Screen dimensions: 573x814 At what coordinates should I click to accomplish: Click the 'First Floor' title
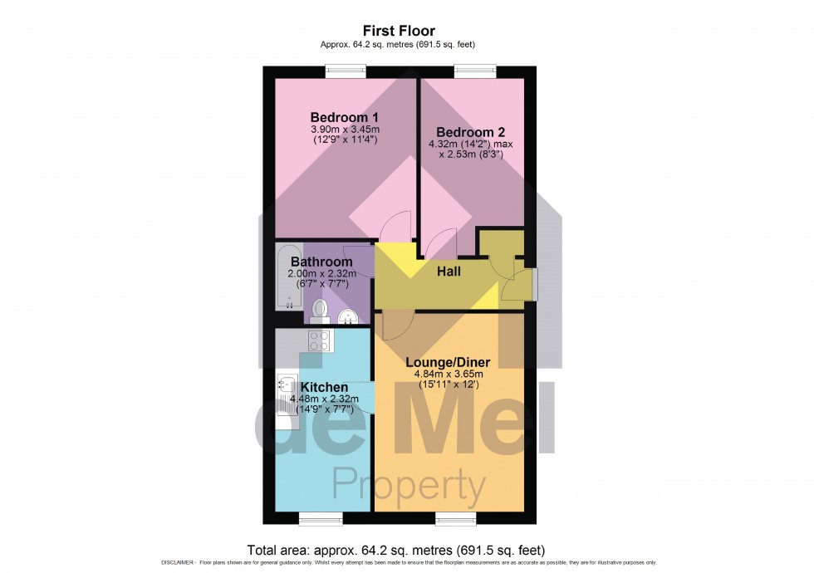click(399, 32)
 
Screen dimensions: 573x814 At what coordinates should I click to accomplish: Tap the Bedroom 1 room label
click(345, 116)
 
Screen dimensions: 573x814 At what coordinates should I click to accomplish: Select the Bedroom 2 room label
click(471, 132)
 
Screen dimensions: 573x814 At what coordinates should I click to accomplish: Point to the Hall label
click(449, 271)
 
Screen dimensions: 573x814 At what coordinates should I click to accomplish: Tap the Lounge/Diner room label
click(448, 362)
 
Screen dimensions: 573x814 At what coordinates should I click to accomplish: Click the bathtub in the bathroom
click(288, 277)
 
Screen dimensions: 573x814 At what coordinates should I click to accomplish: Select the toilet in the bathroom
click(320, 311)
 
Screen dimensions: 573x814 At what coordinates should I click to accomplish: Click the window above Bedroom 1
click(346, 70)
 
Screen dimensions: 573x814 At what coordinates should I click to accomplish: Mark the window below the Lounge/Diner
click(455, 520)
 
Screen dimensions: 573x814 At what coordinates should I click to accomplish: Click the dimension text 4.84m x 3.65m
click(448, 374)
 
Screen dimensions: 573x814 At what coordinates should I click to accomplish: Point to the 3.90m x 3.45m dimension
click(345, 129)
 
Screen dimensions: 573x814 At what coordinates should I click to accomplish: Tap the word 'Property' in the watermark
click(409, 484)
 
